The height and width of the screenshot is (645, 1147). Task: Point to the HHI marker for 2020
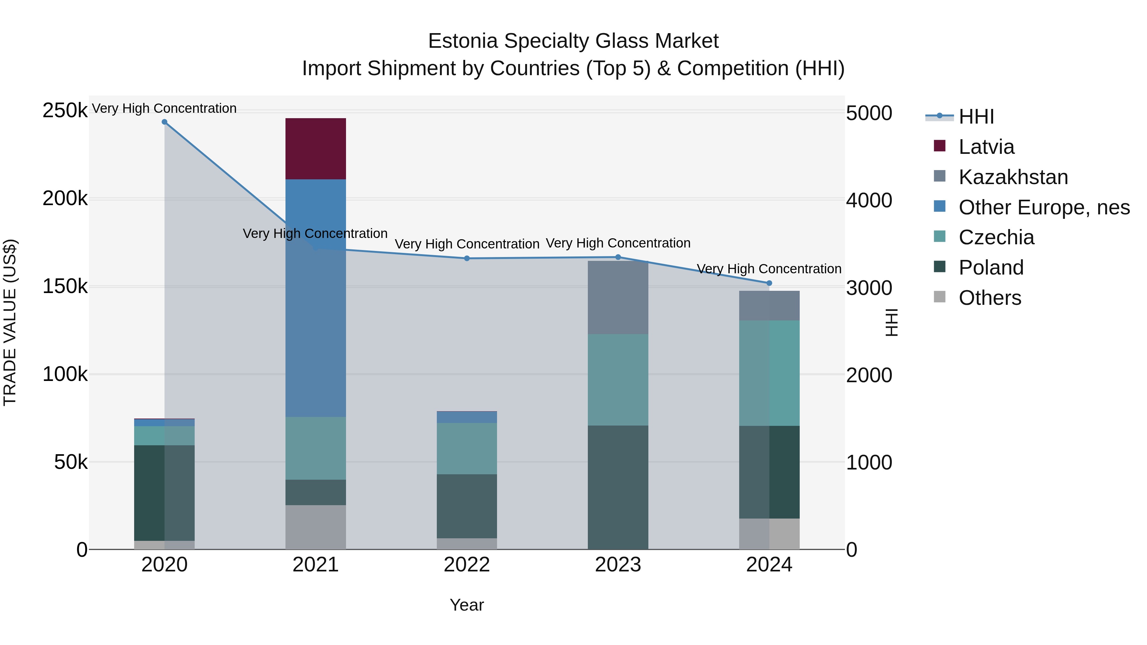pyautogui.click(x=164, y=122)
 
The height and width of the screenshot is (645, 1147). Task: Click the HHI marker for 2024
pyautogui.click(x=769, y=283)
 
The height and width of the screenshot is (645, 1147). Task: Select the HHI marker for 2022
pyautogui.click(x=467, y=258)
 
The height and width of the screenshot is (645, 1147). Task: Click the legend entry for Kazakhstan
pyautogui.click(x=1013, y=177)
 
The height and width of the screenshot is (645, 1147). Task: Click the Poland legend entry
pyautogui.click(x=991, y=268)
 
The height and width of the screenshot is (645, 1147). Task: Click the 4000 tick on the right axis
pyautogui.click(x=869, y=200)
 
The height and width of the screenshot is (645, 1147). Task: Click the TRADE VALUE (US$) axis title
pyautogui.click(x=10, y=322)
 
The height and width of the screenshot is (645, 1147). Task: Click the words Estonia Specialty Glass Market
pyautogui.click(x=573, y=41)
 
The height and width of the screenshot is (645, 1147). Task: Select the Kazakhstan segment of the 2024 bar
pyautogui.click(x=769, y=305)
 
